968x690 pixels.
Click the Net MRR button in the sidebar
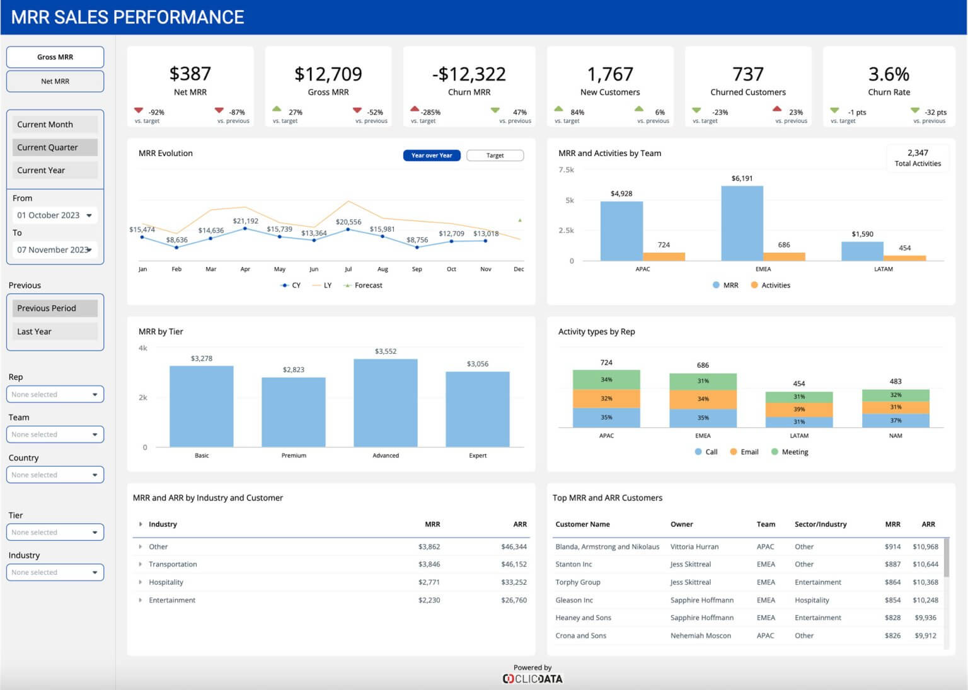(x=55, y=81)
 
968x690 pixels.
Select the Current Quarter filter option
(x=55, y=147)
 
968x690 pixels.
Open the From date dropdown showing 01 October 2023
(x=55, y=215)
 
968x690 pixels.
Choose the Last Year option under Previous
(x=55, y=331)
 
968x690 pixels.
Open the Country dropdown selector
(x=55, y=475)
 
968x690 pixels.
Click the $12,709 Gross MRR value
(x=328, y=74)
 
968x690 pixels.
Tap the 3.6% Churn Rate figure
(x=889, y=74)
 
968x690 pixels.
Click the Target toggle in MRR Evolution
(x=495, y=156)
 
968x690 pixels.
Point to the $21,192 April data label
(x=245, y=221)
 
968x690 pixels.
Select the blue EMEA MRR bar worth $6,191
(x=742, y=223)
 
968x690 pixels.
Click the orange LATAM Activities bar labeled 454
(x=904, y=257)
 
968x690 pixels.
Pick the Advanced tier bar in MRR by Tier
(x=386, y=403)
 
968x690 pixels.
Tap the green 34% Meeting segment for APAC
(x=606, y=380)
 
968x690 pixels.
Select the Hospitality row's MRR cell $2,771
(x=429, y=582)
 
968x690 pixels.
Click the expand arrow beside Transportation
(x=140, y=565)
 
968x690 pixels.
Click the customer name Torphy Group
(x=577, y=582)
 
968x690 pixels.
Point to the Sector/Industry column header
(x=820, y=524)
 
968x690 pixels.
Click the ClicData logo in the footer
(x=533, y=679)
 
